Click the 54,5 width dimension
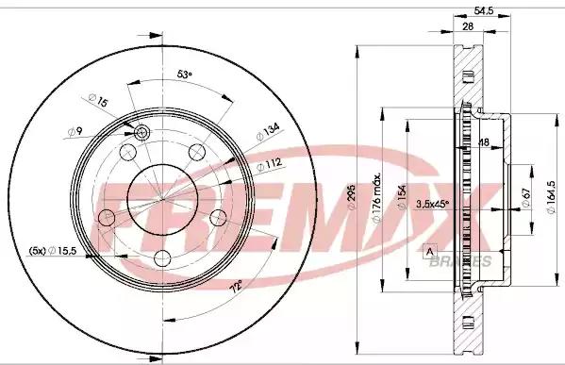pyautogui.click(x=483, y=10)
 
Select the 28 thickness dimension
pyautogui.click(x=468, y=26)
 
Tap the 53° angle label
pyautogui.click(x=185, y=75)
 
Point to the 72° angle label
pyautogui.click(x=236, y=289)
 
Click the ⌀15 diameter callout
pyautogui.click(x=98, y=100)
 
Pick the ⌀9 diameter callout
pyautogui.click(x=75, y=131)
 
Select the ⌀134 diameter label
pyautogui.click(x=268, y=132)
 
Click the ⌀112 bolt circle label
pyautogui.click(x=269, y=165)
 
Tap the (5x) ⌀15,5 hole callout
pyautogui.click(x=53, y=251)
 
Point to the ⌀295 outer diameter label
pyautogui.click(x=351, y=197)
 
